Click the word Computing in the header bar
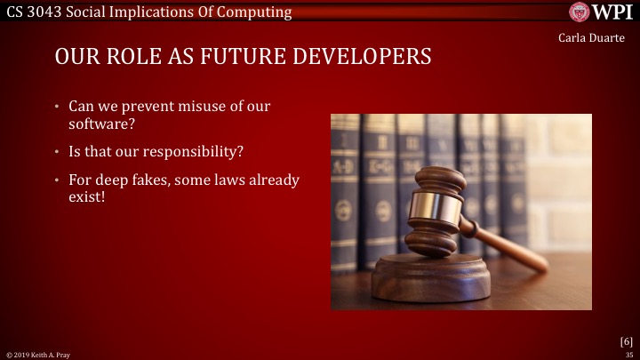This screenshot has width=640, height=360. click(x=259, y=12)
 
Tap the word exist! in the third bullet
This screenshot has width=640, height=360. click(x=86, y=196)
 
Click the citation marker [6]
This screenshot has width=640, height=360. click(x=626, y=340)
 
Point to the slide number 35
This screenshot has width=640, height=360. click(x=628, y=354)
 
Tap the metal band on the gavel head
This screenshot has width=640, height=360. click(x=440, y=207)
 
